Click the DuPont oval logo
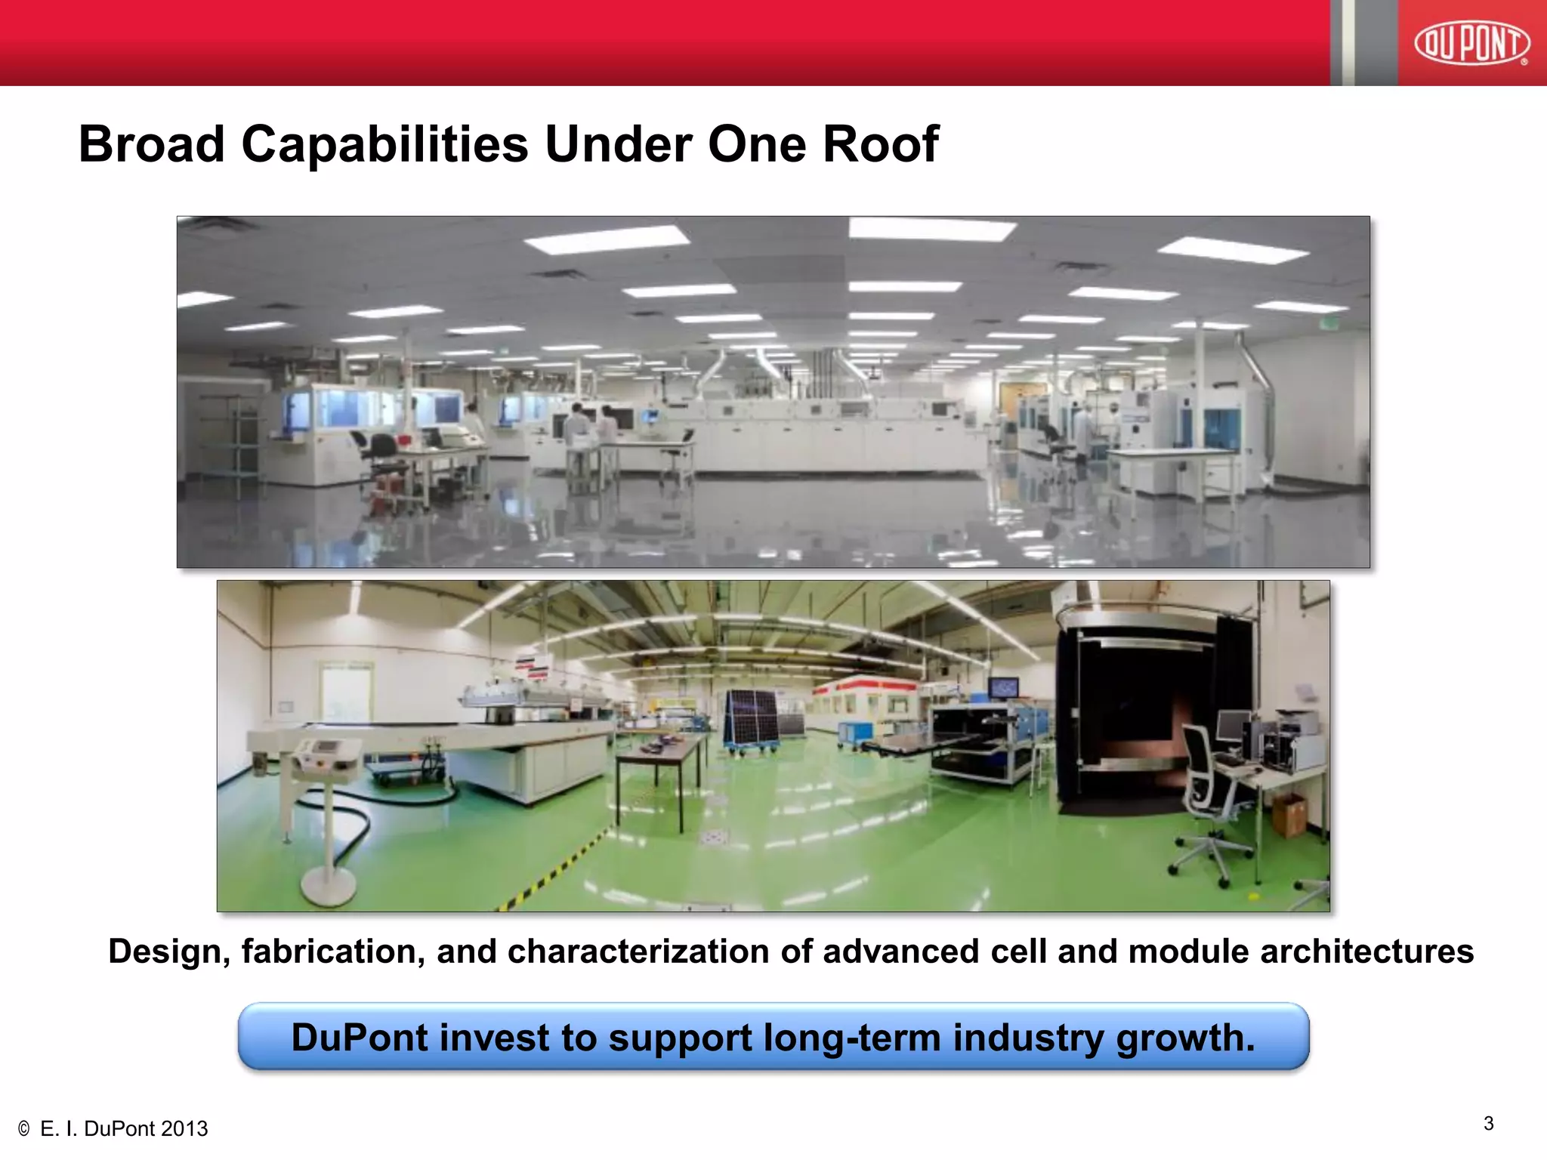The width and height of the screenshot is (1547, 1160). (x=1471, y=43)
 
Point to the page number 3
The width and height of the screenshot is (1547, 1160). (x=1488, y=1123)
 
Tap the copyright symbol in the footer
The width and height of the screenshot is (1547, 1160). (x=23, y=1129)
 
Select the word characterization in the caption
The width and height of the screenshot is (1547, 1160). (x=640, y=952)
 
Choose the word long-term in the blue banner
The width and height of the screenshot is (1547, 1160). (x=852, y=1038)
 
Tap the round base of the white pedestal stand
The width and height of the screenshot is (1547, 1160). (x=329, y=884)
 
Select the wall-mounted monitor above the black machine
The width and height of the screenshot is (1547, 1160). (x=1003, y=687)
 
